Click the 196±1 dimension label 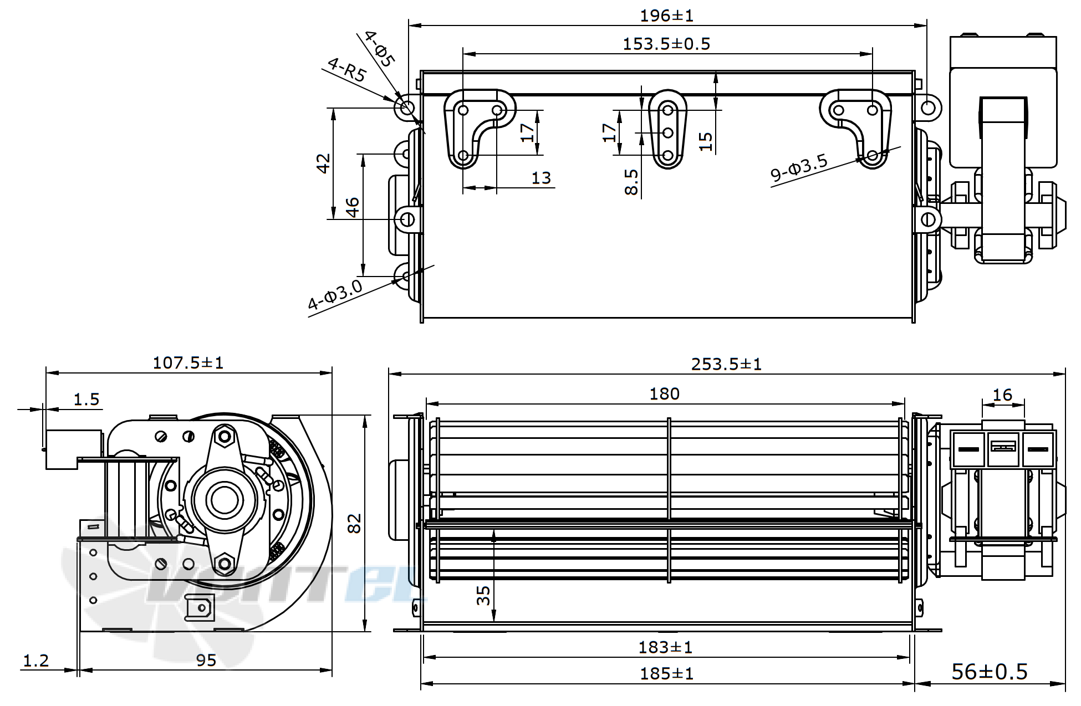(666, 16)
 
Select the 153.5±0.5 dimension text (666, 44)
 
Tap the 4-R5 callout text (346, 70)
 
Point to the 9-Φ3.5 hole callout (799, 168)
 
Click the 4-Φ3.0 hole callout (335, 295)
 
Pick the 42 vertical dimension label (323, 163)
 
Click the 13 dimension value (541, 178)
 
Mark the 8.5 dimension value (631, 182)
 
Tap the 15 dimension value (705, 141)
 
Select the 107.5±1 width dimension (188, 363)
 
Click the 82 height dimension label (355, 523)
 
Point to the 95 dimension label (206, 660)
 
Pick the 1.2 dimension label (36, 660)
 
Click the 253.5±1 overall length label (726, 364)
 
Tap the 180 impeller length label (664, 394)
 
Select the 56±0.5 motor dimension (989, 672)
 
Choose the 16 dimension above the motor (1002, 395)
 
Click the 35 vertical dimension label (484, 595)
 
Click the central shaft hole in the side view (225, 500)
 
